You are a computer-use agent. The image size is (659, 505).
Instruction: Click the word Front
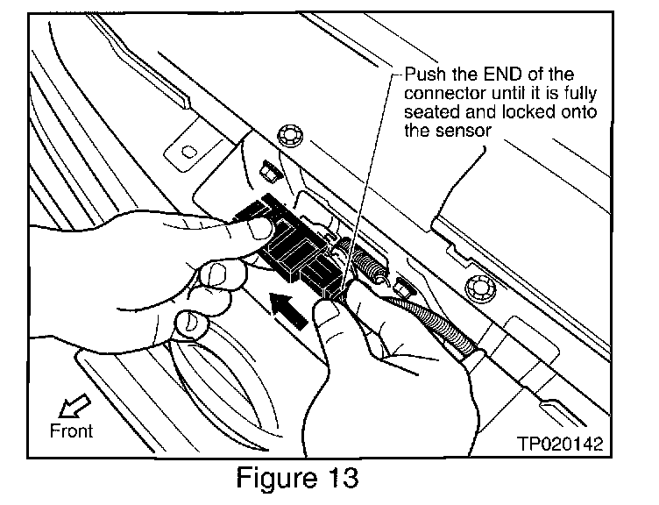pos(71,430)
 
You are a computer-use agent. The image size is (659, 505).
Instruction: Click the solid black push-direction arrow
pos(289,309)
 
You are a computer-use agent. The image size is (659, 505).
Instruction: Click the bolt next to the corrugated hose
pos(476,285)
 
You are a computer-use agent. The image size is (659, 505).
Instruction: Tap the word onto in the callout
pos(551,111)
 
